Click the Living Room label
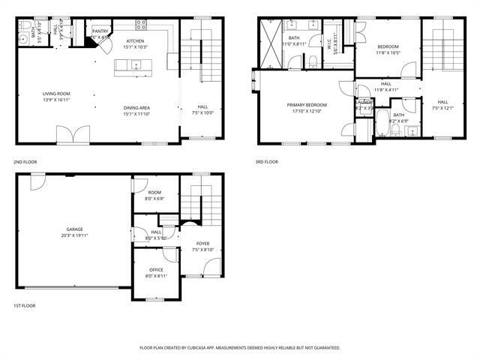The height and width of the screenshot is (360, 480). (56, 93)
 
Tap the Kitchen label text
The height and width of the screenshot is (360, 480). (135, 40)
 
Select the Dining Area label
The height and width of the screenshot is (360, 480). (136, 108)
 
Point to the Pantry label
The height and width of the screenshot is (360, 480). (100, 31)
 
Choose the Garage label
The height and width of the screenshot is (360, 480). (74, 229)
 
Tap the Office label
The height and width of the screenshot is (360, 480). (156, 270)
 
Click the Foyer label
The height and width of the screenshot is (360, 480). (202, 244)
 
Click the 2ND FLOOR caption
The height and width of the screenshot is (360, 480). (25, 162)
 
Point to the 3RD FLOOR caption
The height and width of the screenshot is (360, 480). (267, 162)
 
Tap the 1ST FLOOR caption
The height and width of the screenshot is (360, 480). (25, 306)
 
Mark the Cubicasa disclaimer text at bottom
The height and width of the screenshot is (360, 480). (240, 348)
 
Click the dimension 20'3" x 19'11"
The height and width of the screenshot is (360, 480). (74, 235)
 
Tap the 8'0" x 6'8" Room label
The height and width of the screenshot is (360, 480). (155, 199)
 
